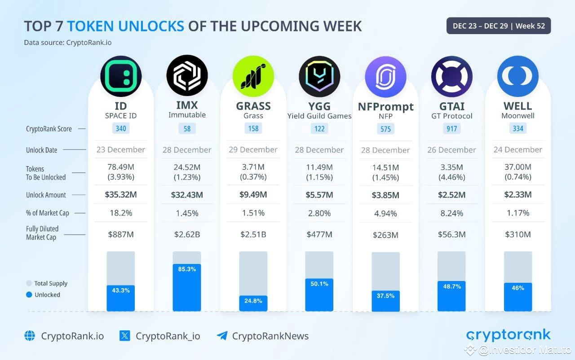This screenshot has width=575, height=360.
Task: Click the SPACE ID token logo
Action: coord(121,76)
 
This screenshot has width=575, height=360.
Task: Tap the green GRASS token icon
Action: coord(253,76)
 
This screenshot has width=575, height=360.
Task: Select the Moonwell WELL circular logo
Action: coord(517,76)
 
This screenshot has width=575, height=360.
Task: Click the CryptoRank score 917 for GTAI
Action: coord(451,129)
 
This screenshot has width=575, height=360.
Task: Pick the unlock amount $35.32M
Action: coord(120,195)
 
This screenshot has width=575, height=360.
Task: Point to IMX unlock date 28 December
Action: coord(187,149)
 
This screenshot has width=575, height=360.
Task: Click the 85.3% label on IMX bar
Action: coord(187,269)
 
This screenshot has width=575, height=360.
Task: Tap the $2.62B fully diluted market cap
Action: coord(187,234)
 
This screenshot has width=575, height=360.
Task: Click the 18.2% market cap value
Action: coord(120,213)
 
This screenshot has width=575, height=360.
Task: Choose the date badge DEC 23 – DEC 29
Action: coord(498,26)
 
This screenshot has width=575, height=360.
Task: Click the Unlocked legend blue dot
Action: coord(29,295)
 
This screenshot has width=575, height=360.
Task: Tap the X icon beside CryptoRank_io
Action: coord(124,336)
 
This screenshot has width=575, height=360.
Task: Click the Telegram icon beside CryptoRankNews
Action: coord(221,336)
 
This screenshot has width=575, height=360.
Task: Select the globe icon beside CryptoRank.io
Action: coord(30,336)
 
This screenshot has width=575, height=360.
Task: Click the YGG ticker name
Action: coord(319,106)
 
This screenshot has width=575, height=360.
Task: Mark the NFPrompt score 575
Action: coord(385,129)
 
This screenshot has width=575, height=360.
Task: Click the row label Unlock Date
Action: coord(42,150)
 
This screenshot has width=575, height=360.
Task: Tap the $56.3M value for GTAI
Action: coord(451,234)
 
